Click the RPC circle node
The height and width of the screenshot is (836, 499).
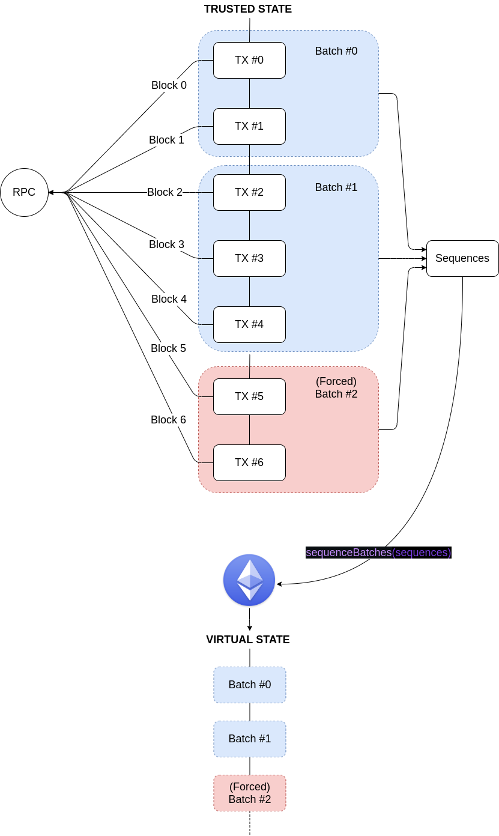[24, 192]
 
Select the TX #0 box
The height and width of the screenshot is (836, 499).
[249, 60]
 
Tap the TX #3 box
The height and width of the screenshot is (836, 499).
[249, 258]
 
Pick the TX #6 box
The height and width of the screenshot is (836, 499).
[249, 462]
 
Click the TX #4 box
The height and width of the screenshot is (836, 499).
[249, 324]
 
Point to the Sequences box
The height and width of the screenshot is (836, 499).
[462, 258]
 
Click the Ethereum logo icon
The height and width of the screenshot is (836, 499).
[249, 580]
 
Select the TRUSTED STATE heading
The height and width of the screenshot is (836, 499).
[248, 9]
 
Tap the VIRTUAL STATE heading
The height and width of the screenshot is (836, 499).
[248, 640]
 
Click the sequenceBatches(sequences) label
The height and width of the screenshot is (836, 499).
[378, 553]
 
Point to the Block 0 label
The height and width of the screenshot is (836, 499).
[169, 85]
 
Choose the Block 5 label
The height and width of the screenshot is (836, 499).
[168, 348]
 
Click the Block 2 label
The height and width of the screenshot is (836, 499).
[165, 192]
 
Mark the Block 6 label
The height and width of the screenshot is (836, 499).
[168, 419]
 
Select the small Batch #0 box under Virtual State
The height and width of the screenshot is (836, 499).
[250, 685]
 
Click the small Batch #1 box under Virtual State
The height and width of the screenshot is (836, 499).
[250, 739]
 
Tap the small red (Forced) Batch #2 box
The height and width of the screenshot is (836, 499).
[250, 793]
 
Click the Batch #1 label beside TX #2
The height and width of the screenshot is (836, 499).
[336, 187]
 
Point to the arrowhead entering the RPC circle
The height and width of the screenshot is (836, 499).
[51, 192]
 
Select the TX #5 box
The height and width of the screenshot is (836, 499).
[249, 396]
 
